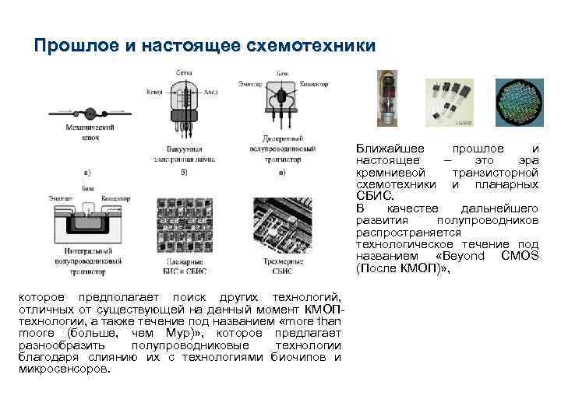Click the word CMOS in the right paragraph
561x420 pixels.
coord(520,256)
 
